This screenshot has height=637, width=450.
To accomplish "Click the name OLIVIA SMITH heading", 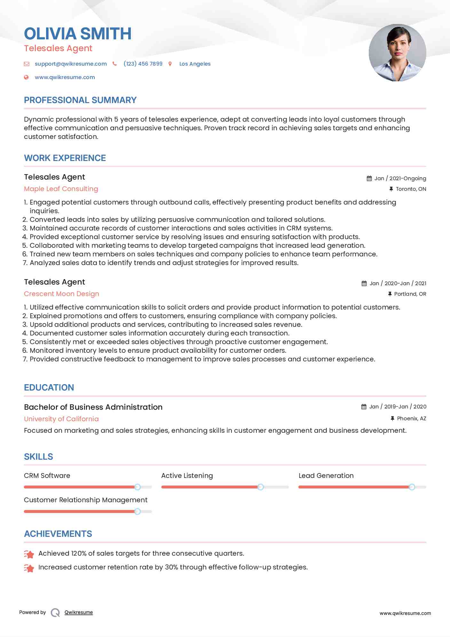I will (x=78, y=34).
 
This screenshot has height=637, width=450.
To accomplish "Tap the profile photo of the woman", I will (x=397, y=53).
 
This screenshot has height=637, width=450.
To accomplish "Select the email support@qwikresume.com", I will (x=71, y=64).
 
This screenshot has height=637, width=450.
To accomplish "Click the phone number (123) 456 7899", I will (x=143, y=64).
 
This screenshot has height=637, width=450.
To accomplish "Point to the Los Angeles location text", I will (x=195, y=64).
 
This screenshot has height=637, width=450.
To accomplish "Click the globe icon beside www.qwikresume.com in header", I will (x=27, y=77).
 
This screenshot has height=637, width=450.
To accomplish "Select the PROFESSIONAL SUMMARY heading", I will (x=80, y=100).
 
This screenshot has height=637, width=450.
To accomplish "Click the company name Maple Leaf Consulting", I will (x=61, y=189).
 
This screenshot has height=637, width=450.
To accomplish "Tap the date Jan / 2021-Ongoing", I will (x=400, y=178).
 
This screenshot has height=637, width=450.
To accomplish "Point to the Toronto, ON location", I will (x=411, y=189).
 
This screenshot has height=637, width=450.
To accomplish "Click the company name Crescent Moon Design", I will (x=61, y=294).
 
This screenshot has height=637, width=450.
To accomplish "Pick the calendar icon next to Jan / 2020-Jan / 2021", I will (x=364, y=283).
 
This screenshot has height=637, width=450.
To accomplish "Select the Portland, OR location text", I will (x=410, y=294).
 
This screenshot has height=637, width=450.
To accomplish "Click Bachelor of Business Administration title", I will (x=93, y=407).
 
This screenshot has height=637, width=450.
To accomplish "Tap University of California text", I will (x=61, y=419).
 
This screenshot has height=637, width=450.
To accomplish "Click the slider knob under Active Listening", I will (x=261, y=487).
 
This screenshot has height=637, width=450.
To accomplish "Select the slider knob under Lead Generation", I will (x=412, y=487).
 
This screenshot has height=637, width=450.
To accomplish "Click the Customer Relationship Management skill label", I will (x=86, y=500).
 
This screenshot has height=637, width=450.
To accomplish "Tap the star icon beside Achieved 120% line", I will (x=29, y=554).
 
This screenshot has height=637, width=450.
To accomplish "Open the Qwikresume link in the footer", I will (x=79, y=612).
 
